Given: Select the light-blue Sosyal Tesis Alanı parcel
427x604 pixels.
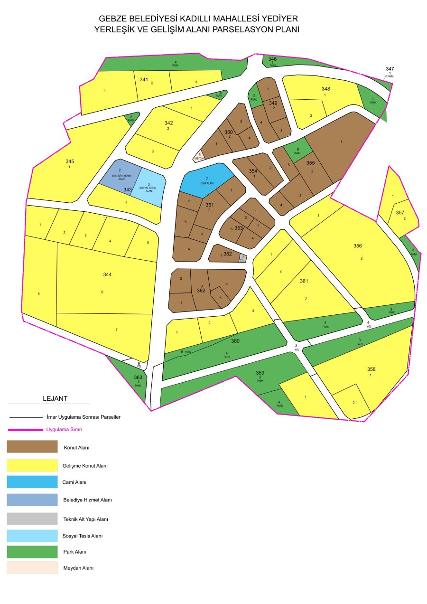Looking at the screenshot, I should point(149,188).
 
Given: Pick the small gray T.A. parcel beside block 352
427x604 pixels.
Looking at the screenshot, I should point(243,258).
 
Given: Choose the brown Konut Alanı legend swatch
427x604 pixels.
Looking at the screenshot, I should point(32,447).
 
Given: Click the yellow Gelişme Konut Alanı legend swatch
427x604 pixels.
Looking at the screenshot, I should point(32,465).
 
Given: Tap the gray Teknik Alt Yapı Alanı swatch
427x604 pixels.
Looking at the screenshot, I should point(32,519).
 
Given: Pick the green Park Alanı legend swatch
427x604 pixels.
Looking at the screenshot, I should point(32,552).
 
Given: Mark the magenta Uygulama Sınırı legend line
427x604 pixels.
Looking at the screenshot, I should point(26,430).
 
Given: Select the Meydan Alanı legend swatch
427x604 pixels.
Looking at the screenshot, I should point(32,568).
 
